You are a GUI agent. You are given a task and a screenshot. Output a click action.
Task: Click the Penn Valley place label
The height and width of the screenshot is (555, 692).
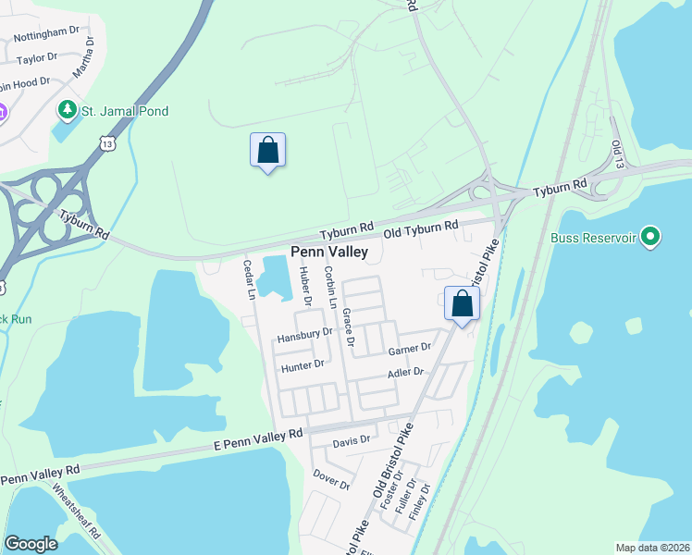(329, 252)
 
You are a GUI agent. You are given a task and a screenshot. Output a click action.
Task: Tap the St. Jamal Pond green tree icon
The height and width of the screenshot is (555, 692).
(67, 111)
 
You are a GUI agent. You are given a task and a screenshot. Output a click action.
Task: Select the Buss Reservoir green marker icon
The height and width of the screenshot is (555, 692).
(651, 238)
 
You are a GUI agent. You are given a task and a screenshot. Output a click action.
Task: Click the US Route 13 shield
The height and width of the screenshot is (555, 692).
(108, 142)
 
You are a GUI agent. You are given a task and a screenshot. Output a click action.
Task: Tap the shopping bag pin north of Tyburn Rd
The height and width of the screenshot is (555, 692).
(267, 151)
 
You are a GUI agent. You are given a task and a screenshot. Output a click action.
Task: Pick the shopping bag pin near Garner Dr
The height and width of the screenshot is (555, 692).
(462, 303)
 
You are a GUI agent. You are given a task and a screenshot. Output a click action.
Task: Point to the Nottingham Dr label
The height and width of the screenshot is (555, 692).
(46, 33)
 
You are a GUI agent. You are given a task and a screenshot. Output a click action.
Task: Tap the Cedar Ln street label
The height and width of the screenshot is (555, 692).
(249, 278)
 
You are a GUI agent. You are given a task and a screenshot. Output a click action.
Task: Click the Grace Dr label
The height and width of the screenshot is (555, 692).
(349, 328)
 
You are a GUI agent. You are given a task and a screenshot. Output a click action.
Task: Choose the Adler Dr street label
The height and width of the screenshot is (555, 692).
(405, 372)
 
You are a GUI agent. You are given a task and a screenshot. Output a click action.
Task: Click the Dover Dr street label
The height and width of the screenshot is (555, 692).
(331, 479)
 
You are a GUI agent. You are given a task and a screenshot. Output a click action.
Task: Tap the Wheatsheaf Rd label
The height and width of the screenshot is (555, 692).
(77, 512)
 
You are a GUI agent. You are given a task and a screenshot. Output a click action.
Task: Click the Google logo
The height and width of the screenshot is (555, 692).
(31, 544)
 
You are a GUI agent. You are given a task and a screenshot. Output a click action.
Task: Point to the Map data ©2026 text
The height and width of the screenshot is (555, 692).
(652, 548)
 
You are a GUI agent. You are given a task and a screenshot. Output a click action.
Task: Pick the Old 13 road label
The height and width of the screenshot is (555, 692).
(617, 154)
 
